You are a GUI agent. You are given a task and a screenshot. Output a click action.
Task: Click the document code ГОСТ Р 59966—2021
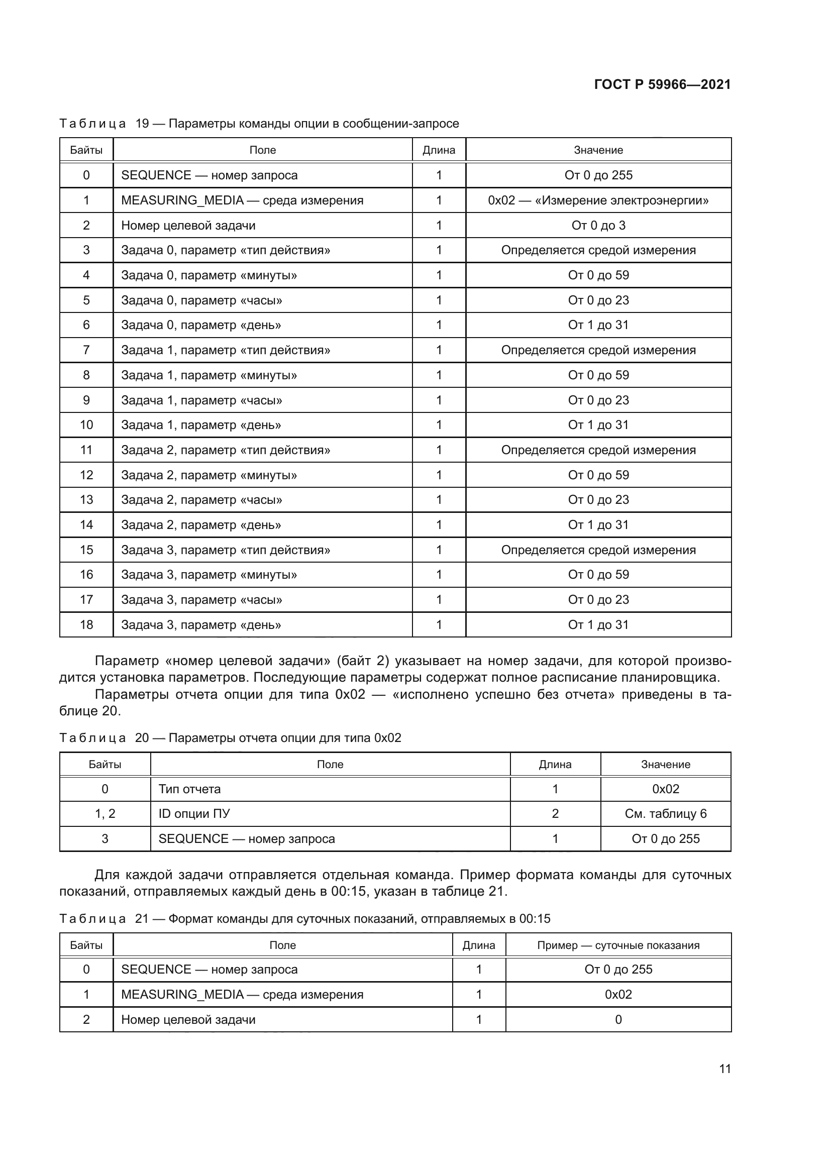point(662,84)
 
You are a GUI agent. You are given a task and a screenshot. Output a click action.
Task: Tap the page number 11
point(724,1069)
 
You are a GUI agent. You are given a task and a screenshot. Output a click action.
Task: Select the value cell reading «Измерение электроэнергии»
point(598,200)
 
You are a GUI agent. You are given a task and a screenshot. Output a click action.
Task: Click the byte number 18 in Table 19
point(86,624)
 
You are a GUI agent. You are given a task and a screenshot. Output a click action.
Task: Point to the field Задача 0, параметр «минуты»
point(209,275)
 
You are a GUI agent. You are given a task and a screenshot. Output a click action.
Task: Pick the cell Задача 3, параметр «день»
point(200,624)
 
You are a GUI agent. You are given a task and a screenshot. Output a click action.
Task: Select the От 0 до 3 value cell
point(598,225)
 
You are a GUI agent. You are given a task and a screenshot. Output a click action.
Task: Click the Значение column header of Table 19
point(598,150)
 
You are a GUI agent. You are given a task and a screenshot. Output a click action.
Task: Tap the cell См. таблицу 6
point(665,814)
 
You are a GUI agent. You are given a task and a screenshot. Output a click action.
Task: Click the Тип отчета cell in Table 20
point(189,789)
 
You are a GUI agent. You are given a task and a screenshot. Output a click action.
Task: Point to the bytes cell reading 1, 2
point(105,814)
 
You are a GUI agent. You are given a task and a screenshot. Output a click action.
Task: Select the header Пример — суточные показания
point(618,945)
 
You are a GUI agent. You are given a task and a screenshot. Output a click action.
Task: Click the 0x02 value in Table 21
point(618,994)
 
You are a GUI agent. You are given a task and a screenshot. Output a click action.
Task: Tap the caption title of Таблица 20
point(230,737)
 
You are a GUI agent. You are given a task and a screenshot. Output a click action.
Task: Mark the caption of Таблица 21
point(304,919)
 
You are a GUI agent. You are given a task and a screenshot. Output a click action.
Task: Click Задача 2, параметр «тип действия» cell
point(225,450)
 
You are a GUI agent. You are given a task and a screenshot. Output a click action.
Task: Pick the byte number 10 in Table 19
point(86,425)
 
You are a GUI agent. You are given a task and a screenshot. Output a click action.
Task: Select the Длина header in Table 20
point(555,764)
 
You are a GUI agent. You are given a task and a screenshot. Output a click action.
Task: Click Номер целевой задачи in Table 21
point(188,1019)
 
